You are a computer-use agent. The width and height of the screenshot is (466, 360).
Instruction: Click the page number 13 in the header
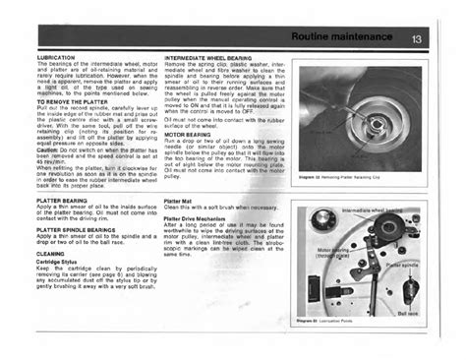tap(416, 39)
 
